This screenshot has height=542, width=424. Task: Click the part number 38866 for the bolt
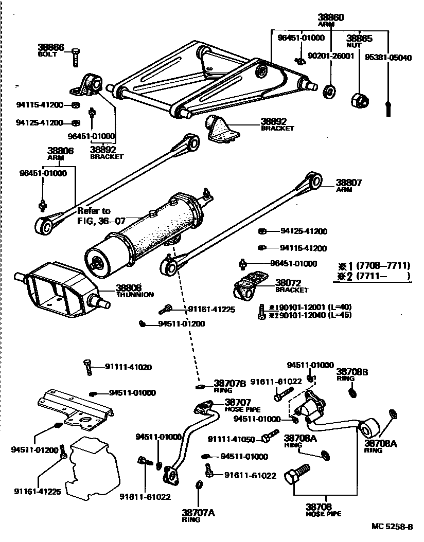pyautogui.click(x=51, y=47)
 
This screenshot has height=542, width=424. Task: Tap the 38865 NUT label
pyautogui.click(x=359, y=41)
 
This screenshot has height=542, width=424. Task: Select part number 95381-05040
pyautogui.click(x=388, y=58)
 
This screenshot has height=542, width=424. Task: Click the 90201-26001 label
pyautogui.click(x=331, y=56)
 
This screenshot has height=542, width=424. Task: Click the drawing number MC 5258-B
pyautogui.click(x=392, y=527)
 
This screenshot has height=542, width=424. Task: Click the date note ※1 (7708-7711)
pyautogui.click(x=374, y=266)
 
